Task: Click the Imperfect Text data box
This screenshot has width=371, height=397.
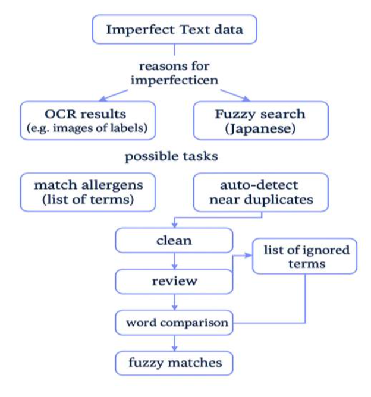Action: click(174, 30)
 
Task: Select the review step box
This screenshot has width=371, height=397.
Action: click(174, 281)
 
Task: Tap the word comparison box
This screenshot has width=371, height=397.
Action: click(174, 323)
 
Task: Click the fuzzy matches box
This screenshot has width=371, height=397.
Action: click(174, 361)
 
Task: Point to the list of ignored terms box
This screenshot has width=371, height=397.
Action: click(305, 256)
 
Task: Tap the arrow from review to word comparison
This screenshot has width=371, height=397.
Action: click(174, 302)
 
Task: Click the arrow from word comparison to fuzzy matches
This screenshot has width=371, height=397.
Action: click(174, 343)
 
